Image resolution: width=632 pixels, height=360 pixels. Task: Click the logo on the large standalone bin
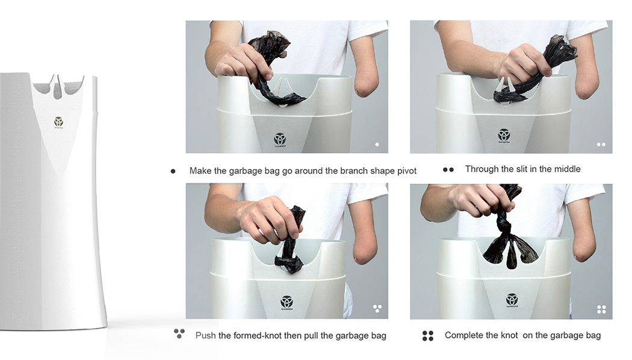coord(58,122)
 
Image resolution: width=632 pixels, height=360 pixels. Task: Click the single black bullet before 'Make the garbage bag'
coord(173,171)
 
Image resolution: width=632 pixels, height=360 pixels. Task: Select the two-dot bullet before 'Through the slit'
coord(448,170)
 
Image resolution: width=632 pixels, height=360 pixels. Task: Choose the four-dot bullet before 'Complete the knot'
coord(428,336)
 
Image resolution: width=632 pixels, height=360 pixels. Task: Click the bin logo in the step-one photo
coord(280,139)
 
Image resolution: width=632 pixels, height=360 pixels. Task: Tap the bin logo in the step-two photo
coord(504,135)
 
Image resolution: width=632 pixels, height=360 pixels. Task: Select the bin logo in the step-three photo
coord(287,302)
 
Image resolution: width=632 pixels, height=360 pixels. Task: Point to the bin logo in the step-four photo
coord(512,299)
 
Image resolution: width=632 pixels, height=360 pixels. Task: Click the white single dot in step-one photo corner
coord(377,144)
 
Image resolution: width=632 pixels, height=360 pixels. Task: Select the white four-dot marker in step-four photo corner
coord(601,309)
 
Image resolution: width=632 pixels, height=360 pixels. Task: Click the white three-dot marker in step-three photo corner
coord(377,308)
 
